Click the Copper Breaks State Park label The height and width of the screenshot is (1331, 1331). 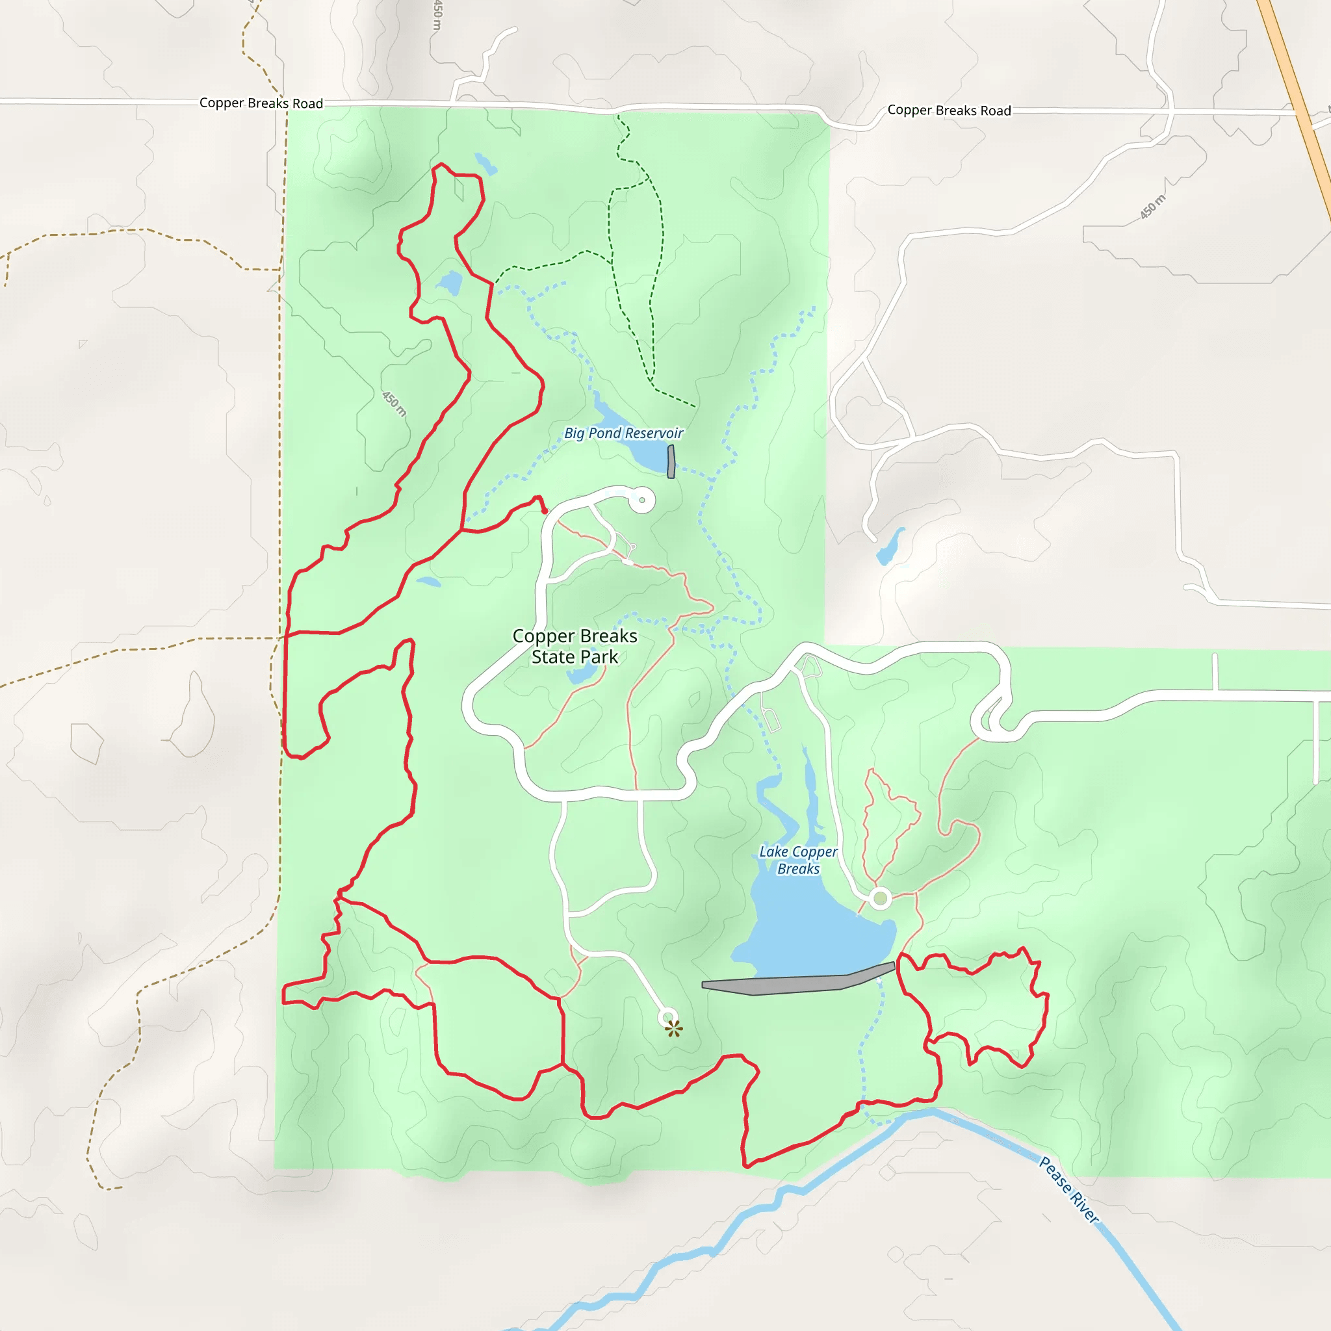[575, 646]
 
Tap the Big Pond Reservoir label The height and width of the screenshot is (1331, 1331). [623, 433]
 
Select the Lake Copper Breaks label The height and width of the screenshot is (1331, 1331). [798, 860]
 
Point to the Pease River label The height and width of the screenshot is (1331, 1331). [1068, 1189]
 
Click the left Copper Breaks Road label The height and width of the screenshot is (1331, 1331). [261, 103]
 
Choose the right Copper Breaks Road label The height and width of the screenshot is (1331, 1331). [949, 110]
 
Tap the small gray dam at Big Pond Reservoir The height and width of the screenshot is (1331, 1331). [671, 461]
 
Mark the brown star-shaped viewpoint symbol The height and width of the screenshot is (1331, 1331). [674, 1029]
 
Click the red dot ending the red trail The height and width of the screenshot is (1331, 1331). [544, 511]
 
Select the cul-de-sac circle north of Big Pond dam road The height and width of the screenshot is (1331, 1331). [642, 500]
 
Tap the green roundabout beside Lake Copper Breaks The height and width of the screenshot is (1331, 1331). [880, 898]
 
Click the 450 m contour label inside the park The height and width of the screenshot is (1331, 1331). [394, 404]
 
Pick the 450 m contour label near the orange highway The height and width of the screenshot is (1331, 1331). [1152, 207]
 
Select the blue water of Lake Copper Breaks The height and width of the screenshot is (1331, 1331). [813, 930]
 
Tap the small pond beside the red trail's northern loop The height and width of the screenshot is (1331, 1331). [450, 282]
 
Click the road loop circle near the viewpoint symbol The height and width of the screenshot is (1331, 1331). [667, 1017]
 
